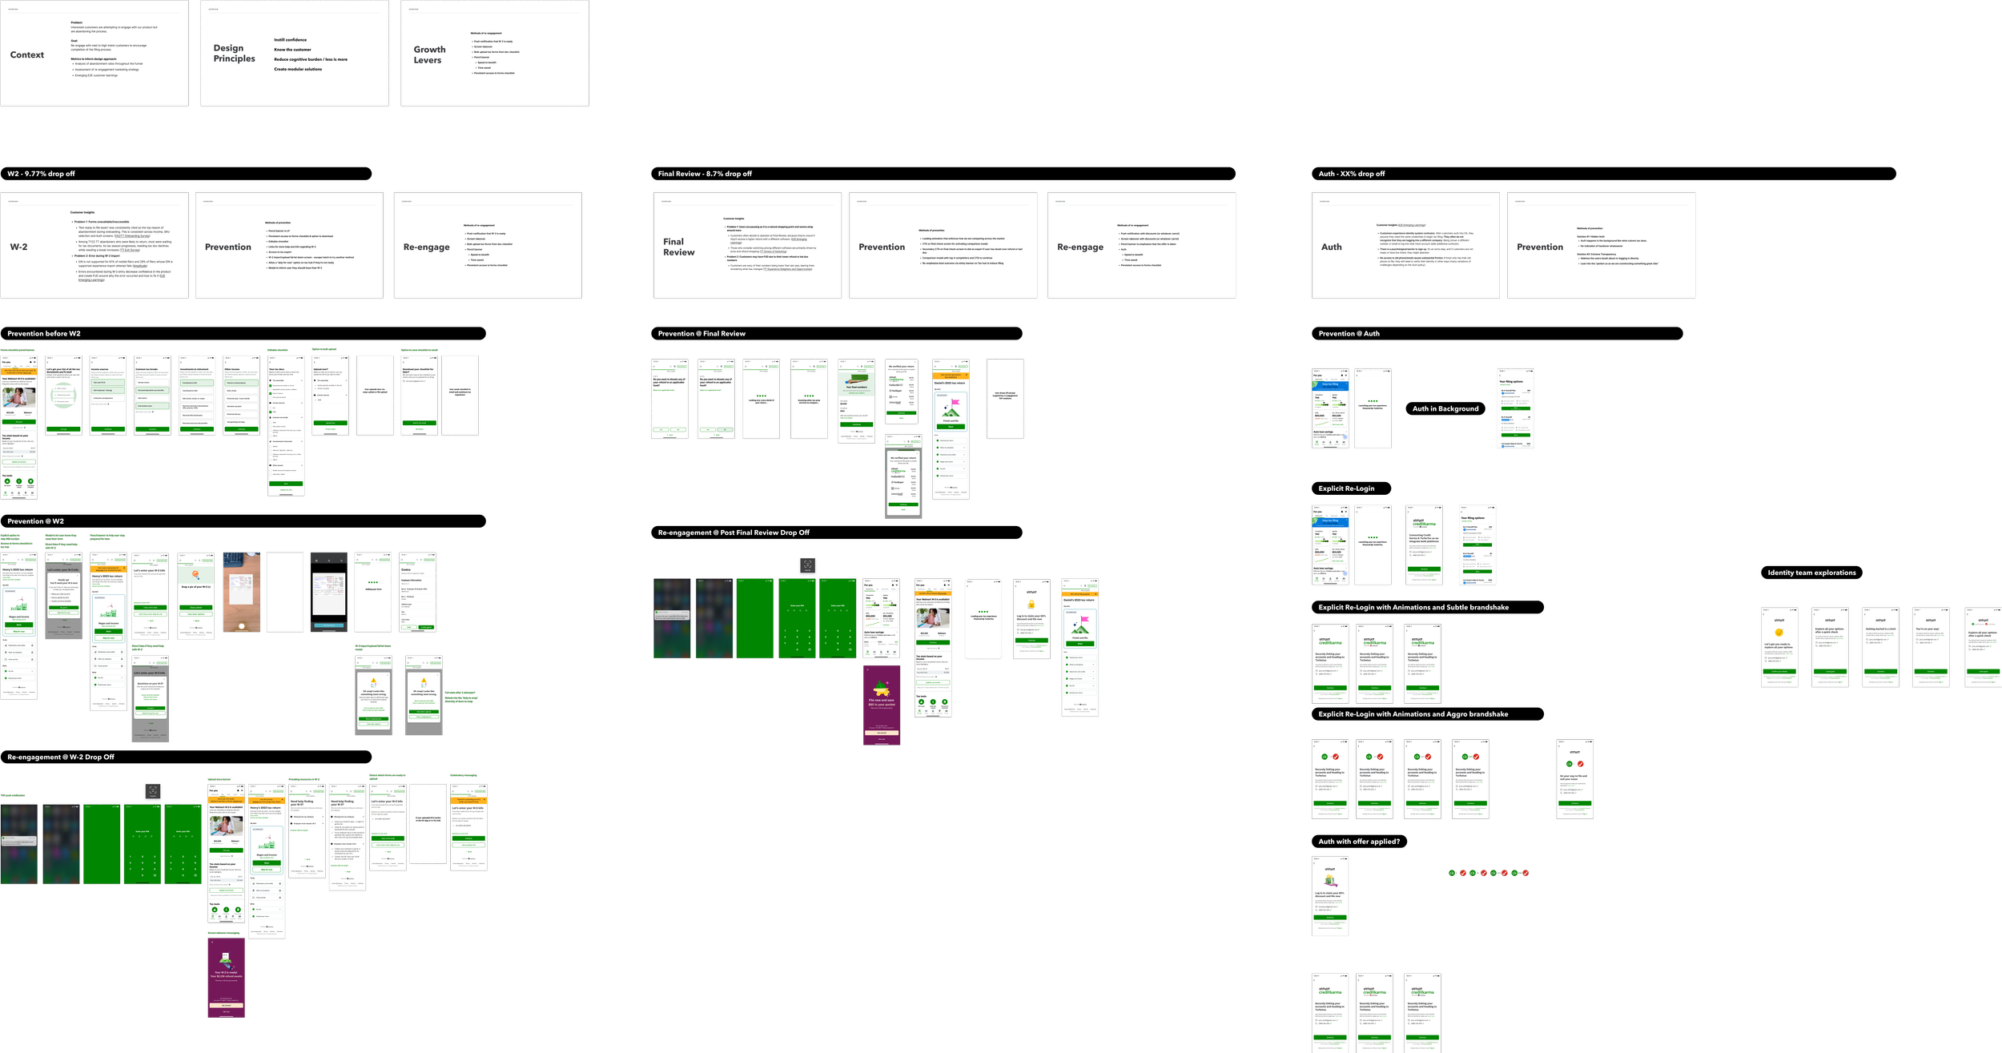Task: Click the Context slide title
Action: (x=27, y=55)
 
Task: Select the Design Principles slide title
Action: (x=234, y=54)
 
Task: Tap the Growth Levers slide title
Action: (x=429, y=54)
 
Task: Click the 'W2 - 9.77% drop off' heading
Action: (x=41, y=174)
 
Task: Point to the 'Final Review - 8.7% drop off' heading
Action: (x=705, y=174)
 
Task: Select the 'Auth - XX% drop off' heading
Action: (x=1351, y=174)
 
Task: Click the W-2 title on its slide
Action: (x=18, y=247)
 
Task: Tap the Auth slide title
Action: (x=1331, y=247)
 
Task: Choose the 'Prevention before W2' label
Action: (x=44, y=334)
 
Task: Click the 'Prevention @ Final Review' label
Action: (x=702, y=334)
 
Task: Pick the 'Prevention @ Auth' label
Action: (x=1349, y=334)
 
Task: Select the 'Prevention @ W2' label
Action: (x=35, y=521)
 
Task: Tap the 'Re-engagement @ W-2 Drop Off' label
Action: (x=61, y=757)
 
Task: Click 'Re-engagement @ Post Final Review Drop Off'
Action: (x=734, y=533)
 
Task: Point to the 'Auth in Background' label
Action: (x=1445, y=409)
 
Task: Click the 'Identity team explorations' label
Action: (x=1811, y=573)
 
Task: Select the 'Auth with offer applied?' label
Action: (x=1359, y=842)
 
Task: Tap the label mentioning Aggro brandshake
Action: (x=1413, y=714)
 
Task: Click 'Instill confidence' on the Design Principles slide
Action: (x=290, y=40)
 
